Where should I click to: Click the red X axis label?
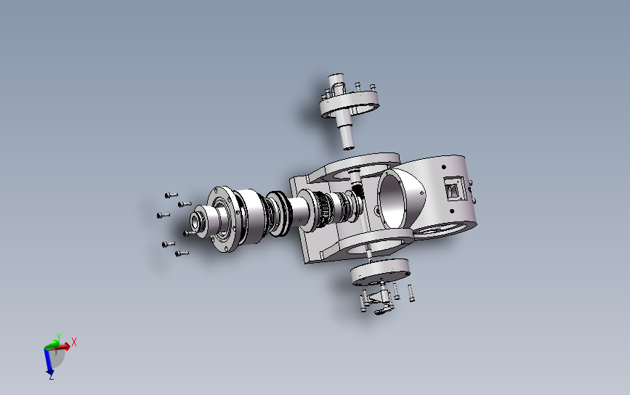tap(74, 343)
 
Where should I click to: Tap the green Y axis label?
tap(59, 336)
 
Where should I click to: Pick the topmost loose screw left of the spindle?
tap(171, 195)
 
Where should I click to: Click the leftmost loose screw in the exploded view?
tap(163, 215)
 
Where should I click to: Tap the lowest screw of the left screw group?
tap(182, 253)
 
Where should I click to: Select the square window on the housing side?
tap(453, 189)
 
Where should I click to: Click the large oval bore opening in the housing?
tap(392, 199)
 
